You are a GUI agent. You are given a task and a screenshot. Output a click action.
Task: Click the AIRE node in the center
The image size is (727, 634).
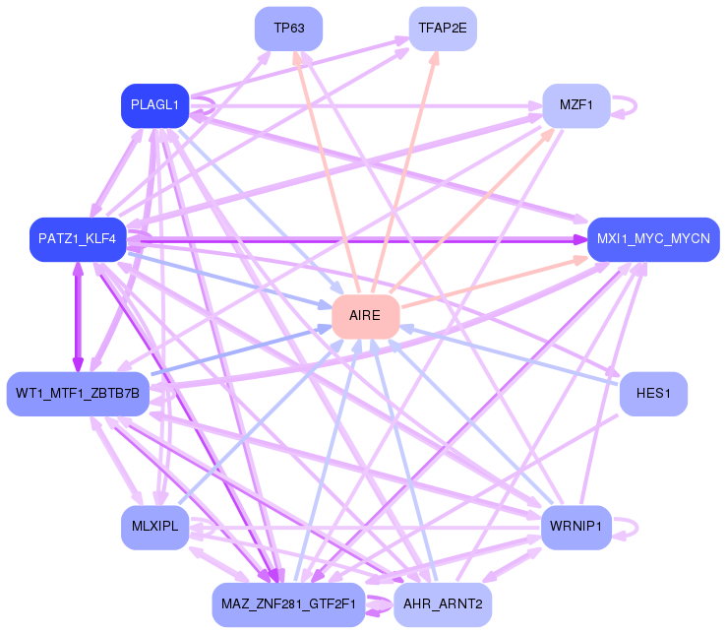[366, 316]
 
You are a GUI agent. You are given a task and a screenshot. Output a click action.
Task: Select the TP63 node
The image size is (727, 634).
[289, 29]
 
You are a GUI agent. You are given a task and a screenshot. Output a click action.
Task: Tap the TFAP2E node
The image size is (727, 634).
[443, 29]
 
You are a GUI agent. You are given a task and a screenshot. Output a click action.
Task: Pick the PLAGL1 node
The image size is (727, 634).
[154, 105]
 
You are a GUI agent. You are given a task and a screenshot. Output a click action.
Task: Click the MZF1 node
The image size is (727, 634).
[576, 105]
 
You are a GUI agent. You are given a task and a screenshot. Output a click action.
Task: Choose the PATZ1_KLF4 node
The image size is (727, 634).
[78, 239]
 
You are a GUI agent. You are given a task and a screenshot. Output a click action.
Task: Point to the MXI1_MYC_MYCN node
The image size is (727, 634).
[654, 239]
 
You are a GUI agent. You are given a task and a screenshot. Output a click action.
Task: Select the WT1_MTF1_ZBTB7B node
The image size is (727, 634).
[78, 394]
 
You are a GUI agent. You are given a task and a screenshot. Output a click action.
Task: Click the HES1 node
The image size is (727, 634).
[654, 394]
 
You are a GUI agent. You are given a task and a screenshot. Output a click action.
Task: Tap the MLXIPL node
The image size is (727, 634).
[154, 528]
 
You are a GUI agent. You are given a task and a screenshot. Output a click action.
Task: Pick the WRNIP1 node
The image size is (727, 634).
[576, 528]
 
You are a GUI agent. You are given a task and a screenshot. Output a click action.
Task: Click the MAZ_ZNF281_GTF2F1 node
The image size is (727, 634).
[289, 604]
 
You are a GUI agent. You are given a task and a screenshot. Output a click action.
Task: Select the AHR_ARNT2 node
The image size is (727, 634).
[443, 604]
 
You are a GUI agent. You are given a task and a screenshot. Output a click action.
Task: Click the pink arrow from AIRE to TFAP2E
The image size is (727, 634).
[404, 172]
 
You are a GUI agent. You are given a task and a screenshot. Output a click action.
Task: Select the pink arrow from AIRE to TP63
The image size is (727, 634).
[327, 172]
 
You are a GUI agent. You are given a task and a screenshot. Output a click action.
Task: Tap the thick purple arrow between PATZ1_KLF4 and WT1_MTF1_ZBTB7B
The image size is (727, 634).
[78, 317]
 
